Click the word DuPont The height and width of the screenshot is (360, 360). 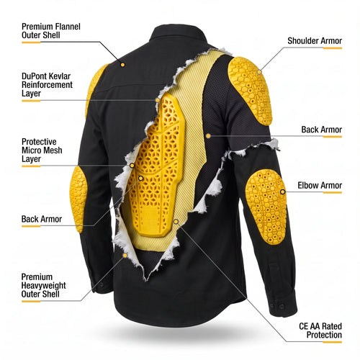coord(34,76)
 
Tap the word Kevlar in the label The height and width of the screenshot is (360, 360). coord(59,76)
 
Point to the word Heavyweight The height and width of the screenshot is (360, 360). coord(43,285)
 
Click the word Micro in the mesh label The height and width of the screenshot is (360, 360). coord(31,150)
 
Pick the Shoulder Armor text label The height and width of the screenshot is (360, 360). coord(315,41)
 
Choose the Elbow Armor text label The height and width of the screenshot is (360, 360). coord(320,185)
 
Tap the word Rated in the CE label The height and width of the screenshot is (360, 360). coord(332,326)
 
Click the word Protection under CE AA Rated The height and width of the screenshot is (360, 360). coord(324,335)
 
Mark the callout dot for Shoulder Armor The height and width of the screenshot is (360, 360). coord(259,72)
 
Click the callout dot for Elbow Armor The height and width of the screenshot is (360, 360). coord(283,192)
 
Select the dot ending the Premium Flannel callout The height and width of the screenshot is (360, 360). coord(122,65)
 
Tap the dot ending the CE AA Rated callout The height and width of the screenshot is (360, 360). coord(176,222)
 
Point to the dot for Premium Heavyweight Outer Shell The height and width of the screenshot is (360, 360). coord(125,256)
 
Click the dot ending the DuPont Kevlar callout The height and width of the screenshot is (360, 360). coord(158,100)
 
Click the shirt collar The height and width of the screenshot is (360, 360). coord(178,36)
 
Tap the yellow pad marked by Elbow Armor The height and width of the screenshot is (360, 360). coord(266,207)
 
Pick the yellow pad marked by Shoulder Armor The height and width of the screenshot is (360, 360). coord(250,90)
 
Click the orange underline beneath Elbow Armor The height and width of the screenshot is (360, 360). coord(333,192)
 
